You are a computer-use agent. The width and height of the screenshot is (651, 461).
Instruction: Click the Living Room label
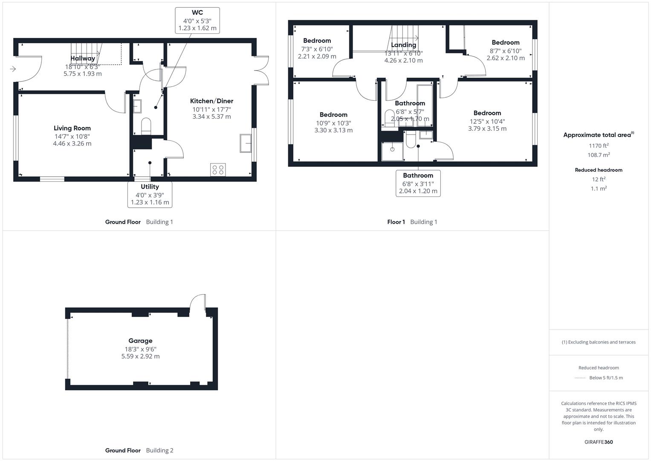[72, 128]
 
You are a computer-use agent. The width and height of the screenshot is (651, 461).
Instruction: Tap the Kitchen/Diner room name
[211, 101]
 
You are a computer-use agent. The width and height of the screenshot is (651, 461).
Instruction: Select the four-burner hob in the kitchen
[218, 170]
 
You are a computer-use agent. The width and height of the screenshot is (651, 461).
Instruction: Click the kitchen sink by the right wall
[246, 143]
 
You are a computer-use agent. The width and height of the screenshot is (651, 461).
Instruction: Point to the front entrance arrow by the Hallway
[13, 69]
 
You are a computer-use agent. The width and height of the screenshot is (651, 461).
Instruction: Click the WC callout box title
[197, 13]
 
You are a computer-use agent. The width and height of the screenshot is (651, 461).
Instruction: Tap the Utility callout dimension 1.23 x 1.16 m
[150, 202]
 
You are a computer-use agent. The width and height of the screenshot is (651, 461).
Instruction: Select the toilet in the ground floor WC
[146, 125]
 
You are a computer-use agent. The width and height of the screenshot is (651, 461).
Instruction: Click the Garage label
[140, 341]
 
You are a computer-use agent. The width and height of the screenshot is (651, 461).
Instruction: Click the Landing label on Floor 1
[403, 45]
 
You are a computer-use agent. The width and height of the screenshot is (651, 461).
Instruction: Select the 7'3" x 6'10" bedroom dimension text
[317, 49]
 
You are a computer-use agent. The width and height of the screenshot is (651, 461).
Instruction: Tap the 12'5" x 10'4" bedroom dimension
[487, 121]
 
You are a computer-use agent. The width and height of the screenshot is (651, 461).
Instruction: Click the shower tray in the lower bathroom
[392, 150]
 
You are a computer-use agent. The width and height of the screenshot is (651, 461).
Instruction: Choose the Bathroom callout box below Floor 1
[418, 183]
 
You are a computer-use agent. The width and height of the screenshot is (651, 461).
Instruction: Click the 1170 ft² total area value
[599, 146]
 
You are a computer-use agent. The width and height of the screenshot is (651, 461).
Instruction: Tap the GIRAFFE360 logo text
[599, 442]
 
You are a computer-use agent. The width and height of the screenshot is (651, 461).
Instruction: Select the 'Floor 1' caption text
[396, 222]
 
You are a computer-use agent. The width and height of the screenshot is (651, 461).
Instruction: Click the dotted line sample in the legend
[580, 378]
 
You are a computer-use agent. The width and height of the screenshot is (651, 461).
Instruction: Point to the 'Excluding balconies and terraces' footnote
[599, 342]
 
